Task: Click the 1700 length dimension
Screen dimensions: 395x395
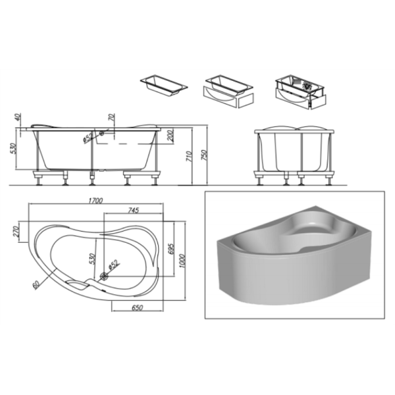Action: point(95,201)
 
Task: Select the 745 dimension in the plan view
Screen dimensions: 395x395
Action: point(134,210)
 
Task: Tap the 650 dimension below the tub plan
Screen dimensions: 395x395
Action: point(138,307)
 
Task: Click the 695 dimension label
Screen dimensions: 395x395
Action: point(171,249)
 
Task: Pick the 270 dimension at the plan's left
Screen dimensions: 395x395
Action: point(16,232)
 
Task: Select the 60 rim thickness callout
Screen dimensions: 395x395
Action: point(36,284)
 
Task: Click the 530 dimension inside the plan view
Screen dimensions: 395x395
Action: point(93,259)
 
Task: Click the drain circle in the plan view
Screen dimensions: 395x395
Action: point(104,276)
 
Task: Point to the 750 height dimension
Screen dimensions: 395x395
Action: point(204,155)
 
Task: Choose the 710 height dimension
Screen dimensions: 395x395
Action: point(190,156)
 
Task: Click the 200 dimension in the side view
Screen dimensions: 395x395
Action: point(171,136)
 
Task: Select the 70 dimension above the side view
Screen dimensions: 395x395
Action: point(112,117)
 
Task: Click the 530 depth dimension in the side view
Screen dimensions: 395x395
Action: point(13,148)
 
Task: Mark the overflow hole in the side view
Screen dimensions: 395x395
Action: point(102,133)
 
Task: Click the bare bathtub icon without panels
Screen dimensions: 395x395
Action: point(164,84)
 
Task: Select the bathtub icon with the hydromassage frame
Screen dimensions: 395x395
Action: point(301,92)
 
